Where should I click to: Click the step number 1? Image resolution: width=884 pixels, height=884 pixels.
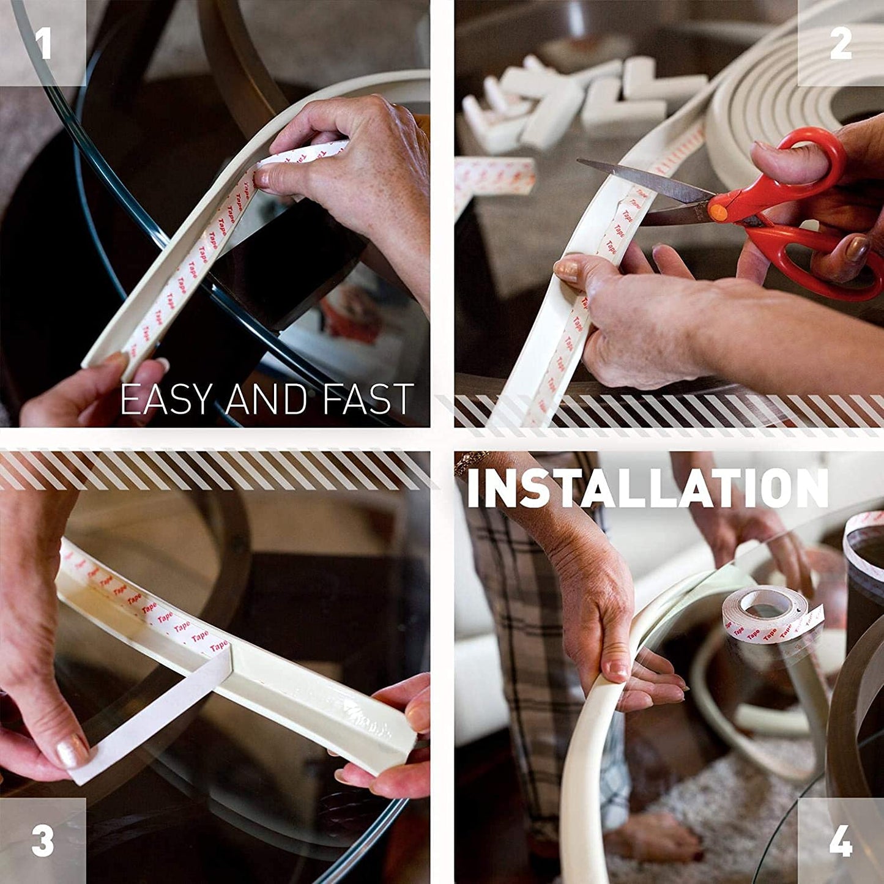pos(43,42)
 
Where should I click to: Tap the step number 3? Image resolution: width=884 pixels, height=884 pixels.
pos(43,841)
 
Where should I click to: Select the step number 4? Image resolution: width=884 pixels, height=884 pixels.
pos(841,841)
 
